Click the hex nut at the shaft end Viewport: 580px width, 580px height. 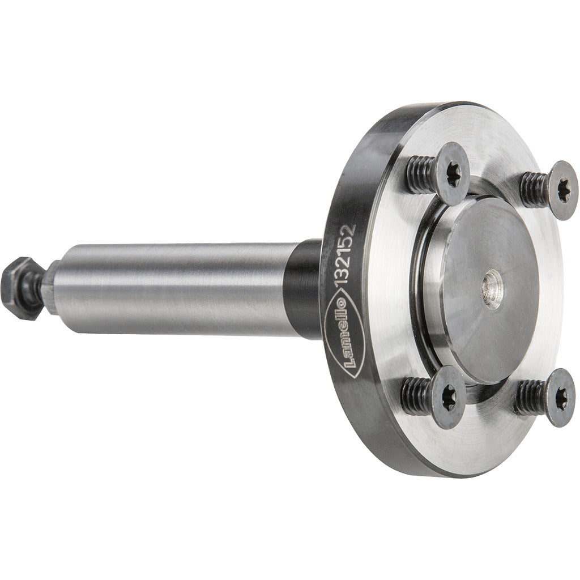[23, 288]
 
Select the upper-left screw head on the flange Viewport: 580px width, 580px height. [453, 174]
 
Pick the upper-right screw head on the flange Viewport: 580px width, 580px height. [563, 190]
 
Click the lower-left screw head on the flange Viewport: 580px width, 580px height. [449, 397]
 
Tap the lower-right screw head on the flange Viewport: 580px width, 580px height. [561, 397]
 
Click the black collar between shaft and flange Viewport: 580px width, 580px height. [304, 288]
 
